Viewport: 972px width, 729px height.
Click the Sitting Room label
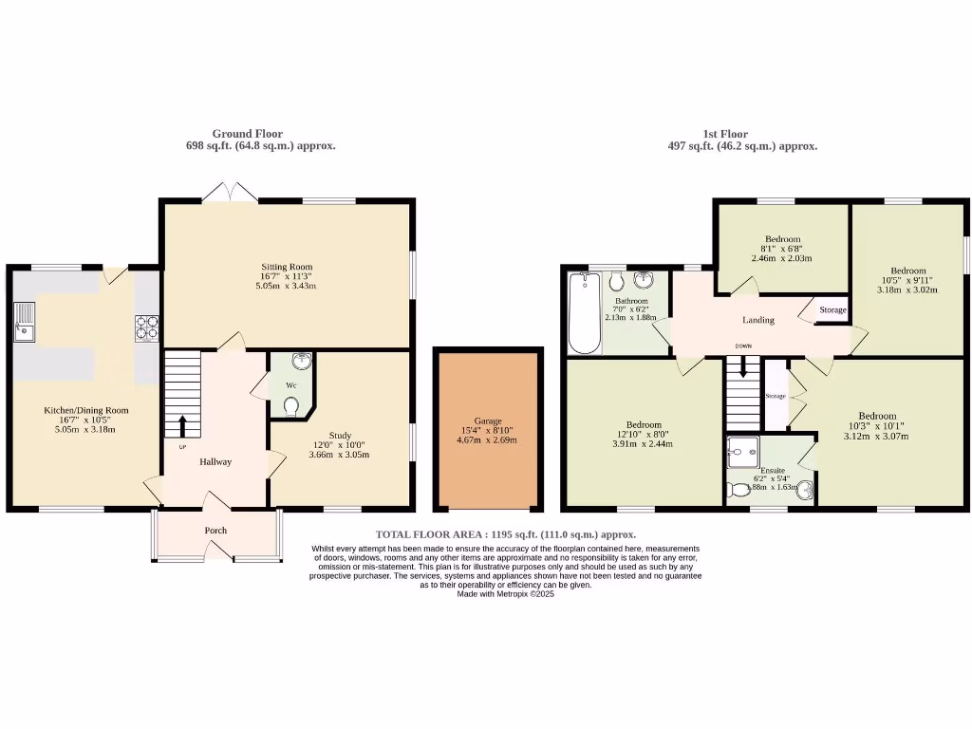287,267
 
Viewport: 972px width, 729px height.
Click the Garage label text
487,421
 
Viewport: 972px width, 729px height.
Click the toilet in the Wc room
292,406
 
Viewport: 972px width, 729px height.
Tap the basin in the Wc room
302,361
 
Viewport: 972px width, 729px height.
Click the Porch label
215,530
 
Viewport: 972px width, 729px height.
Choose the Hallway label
215,461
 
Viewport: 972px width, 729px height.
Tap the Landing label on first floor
757,320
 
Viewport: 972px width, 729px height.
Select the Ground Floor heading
247,134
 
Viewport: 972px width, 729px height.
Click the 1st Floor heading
726,134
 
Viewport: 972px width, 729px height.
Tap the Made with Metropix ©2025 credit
505,594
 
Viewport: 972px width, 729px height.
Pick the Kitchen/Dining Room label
85,411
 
